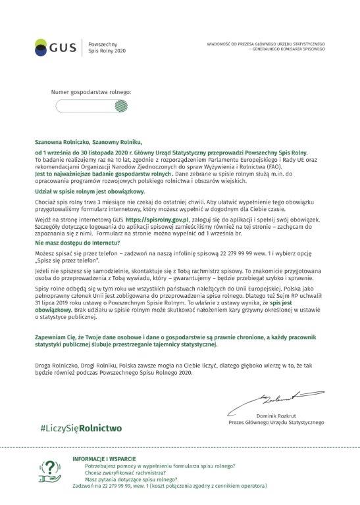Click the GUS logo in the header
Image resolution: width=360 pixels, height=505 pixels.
tap(55, 47)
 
